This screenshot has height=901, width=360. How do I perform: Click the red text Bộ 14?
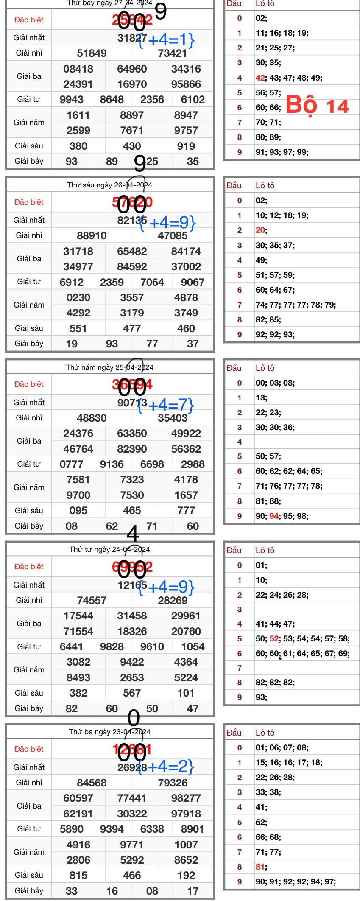pyautogui.click(x=318, y=105)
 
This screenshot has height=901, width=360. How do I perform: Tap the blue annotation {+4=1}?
pyautogui.click(x=167, y=40)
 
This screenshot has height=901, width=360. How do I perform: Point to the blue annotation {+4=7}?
pyautogui.click(x=166, y=405)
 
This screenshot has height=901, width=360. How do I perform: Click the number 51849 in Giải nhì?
pyautogui.click(x=92, y=53)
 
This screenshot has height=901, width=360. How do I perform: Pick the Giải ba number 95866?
pyautogui.click(x=186, y=84)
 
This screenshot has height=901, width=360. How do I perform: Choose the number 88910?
pyautogui.click(x=92, y=235)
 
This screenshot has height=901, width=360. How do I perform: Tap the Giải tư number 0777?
pyautogui.click(x=71, y=464)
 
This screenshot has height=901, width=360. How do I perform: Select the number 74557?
pyautogui.click(x=92, y=600)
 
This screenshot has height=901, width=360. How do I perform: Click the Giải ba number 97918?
pyautogui.click(x=186, y=814)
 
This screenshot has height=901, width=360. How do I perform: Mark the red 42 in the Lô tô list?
pyautogui.click(x=260, y=78)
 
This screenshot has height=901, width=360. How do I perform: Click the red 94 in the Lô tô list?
pyautogui.click(x=274, y=516)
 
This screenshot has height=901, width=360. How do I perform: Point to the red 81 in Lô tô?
pyautogui.click(x=260, y=867)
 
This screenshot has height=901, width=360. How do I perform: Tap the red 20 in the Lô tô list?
pyautogui.click(x=260, y=230)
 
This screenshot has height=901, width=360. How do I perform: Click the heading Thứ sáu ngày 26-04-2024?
pyautogui.click(x=109, y=185)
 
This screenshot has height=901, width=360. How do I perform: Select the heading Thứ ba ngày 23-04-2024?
pyautogui.click(x=109, y=732)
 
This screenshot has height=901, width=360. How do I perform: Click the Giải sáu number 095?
pyautogui.click(x=78, y=510)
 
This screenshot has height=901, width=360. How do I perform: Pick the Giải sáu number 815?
pyautogui.click(x=78, y=875)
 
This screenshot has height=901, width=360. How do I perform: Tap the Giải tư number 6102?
pyautogui.click(x=193, y=99)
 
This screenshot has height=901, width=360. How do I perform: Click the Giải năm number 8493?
pyautogui.click(x=78, y=677)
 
